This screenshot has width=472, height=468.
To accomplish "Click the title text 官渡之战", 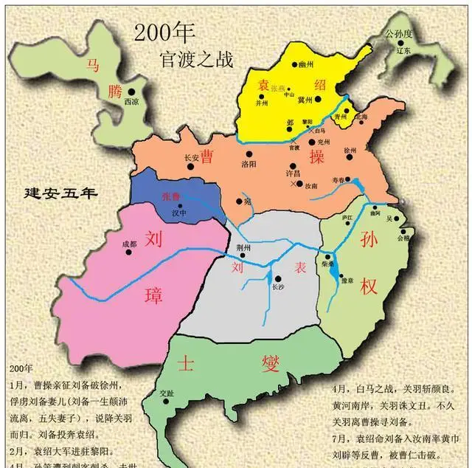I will click(x=195, y=58).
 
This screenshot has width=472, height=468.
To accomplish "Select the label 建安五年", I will click(x=60, y=194).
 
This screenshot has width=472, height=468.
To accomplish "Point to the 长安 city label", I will click(x=190, y=156).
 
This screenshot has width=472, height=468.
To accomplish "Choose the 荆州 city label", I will click(x=242, y=248).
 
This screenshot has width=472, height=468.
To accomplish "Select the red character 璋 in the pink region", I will click(x=153, y=281).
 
